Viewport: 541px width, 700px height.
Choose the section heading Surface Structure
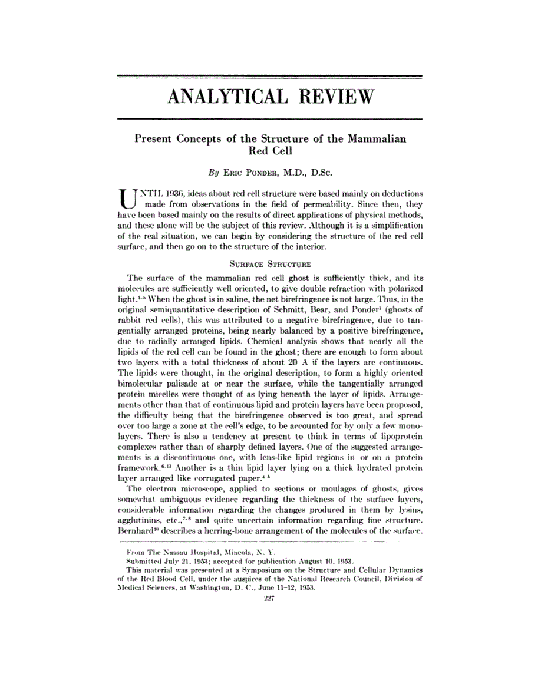270,265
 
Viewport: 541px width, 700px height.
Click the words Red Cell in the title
270,151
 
